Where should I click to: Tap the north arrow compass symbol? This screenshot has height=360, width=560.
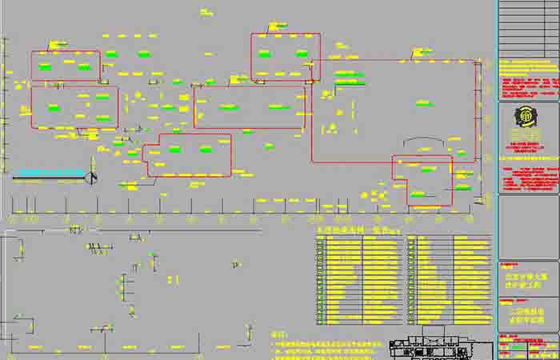click(92, 178)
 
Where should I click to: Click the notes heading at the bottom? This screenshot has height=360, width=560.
click(278, 334)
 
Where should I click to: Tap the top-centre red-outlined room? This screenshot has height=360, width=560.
click(285, 56)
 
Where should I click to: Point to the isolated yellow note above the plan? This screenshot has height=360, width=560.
click(206, 12)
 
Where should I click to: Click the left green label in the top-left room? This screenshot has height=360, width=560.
click(46, 67)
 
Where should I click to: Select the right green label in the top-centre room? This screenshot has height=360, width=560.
click(302, 54)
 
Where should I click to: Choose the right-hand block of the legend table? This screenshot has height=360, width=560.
click(449, 279)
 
